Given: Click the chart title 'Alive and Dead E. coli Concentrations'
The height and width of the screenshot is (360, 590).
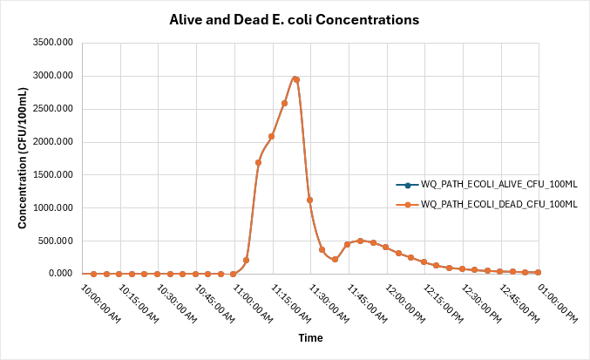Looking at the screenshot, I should (x=294, y=18).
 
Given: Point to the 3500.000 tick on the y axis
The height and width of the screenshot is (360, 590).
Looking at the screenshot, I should (x=53, y=43).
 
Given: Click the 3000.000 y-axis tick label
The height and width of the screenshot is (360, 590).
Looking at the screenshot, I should (x=53, y=76).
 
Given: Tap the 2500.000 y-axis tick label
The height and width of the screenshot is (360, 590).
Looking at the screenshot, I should (x=53, y=109).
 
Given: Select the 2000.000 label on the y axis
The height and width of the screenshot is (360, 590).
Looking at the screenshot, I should (x=53, y=142).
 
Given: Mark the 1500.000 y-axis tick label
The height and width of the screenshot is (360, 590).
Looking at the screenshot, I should (x=53, y=175).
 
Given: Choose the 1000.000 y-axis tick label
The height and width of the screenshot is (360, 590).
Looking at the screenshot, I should (x=53, y=208).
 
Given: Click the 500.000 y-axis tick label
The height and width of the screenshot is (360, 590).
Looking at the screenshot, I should (x=57, y=241).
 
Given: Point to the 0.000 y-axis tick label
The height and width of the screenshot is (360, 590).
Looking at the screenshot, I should (x=61, y=274).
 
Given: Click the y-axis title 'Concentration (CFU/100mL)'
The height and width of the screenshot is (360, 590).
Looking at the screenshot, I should (x=22, y=159).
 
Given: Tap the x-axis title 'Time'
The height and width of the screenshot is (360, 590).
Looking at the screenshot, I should (x=311, y=337).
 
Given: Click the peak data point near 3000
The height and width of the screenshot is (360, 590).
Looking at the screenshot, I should (x=296, y=79).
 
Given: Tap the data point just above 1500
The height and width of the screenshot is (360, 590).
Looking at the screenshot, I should (x=259, y=162).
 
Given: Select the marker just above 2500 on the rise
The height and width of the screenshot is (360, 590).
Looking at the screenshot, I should (x=284, y=103).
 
